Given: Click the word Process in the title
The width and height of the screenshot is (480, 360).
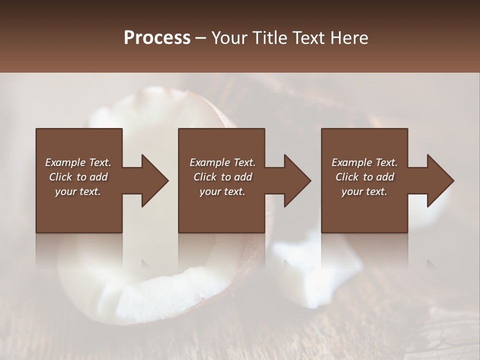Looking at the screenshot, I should click(x=157, y=38).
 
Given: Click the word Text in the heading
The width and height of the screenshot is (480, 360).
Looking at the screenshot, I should click(x=309, y=38).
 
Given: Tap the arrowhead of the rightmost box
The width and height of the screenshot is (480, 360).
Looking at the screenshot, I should click(x=439, y=180).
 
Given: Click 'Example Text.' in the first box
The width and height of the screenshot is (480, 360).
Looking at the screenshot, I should click(x=78, y=162).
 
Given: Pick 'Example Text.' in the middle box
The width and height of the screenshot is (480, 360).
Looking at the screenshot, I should click(x=222, y=162).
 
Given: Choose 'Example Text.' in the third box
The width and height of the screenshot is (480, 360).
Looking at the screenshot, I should click(x=364, y=162).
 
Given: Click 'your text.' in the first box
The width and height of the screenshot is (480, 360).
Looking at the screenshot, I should click(x=78, y=191).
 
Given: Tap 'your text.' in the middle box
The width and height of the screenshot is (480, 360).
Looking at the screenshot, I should click(x=222, y=191).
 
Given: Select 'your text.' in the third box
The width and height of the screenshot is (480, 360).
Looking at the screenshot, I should click(x=364, y=191).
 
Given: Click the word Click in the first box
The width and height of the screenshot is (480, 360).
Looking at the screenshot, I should click(x=61, y=177).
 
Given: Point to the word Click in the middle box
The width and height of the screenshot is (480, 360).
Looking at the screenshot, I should click(x=205, y=177).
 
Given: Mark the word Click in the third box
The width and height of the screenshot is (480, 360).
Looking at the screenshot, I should click(x=347, y=177).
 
